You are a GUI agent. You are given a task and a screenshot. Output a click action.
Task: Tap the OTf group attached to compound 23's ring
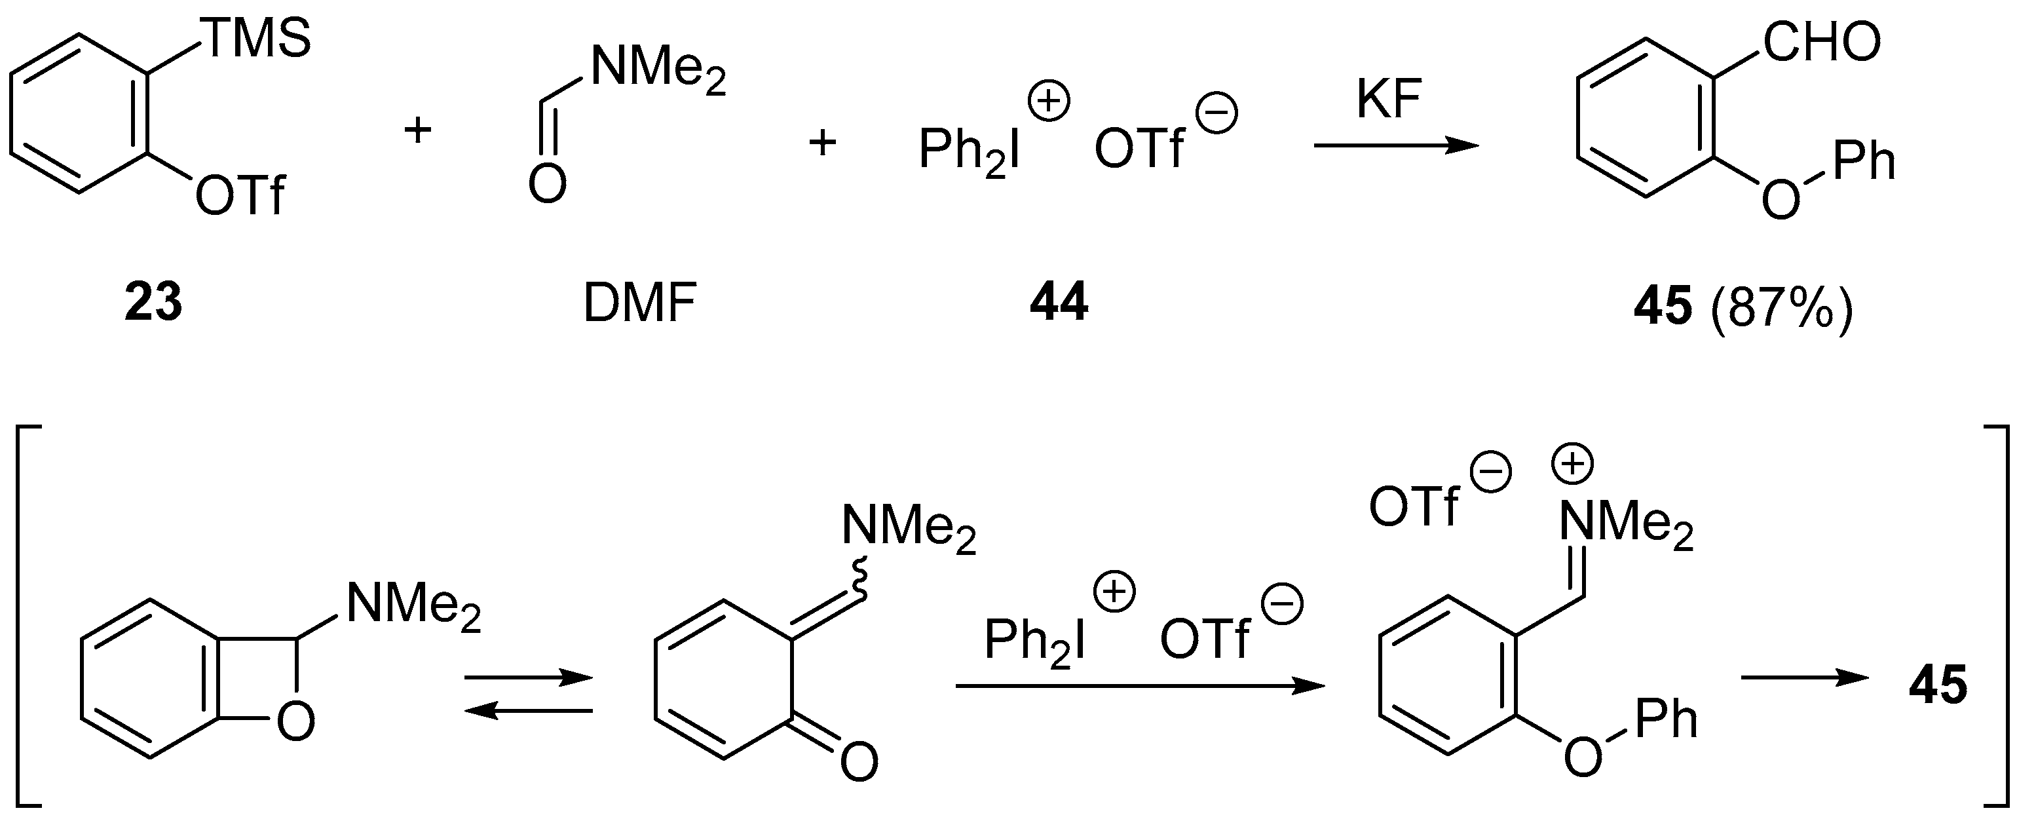tap(240, 195)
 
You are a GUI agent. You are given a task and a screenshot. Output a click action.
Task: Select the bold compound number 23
tap(153, 303)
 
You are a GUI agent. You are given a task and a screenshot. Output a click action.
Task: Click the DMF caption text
tap(640, 304)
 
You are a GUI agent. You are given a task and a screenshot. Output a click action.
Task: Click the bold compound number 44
tap(1059, 303)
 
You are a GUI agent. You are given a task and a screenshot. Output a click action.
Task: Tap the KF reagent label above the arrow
tap(1389, 100)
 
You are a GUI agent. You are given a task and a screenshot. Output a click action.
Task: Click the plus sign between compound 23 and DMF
tap(417, 130)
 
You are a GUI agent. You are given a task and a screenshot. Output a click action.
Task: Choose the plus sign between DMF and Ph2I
tap(822, 144)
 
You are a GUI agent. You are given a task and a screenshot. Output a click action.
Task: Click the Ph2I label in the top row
tap(970, 150)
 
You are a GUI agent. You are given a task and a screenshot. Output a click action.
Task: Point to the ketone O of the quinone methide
tap(858, 762)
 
